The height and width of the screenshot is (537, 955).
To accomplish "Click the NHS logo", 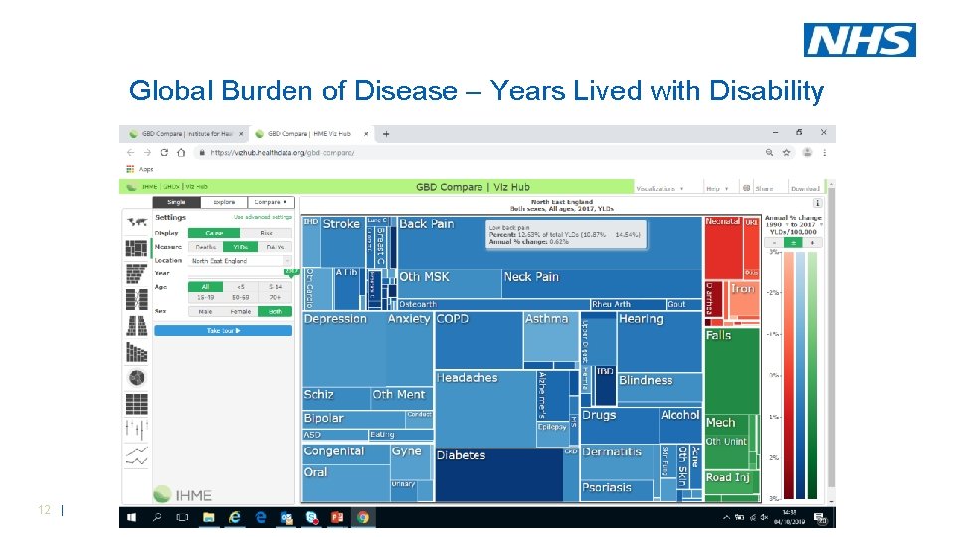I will pyautogui.click(x=859, y=40).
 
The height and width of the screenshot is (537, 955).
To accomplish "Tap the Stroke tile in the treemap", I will pyautogui.click(x=341, y=224).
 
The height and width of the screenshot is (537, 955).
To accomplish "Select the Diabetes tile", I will pyautogui.click(x=461, y=455).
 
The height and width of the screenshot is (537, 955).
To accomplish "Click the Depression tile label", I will pyautogui.click(x=335, y=319).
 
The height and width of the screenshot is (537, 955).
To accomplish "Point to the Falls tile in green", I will pyautogui.click(x=719, y=336).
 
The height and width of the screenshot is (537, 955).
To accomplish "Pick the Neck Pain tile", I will pyautogui.click(x=531, y=277).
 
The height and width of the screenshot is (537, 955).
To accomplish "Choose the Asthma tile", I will pyautogui.click(x=547, y=319).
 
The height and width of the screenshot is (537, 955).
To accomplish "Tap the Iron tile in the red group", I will pyautogui.click(x=742, y=289).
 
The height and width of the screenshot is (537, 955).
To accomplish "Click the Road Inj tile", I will pyautogui.click(x=727, y=477).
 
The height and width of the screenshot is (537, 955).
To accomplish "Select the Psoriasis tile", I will pyautogui.click(x=607, y=487).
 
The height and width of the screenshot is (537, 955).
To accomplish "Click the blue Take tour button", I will pyautogui.click(x=224, y=330).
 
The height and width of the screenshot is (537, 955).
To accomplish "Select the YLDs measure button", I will pyautogui.click(x=240, y=247).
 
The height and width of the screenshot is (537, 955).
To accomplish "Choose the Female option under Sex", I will pyautogui.click(x=240, y=311).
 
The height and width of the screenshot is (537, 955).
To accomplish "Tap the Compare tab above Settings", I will pyautogui.click(x=270, y=202).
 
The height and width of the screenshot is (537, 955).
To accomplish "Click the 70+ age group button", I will pyautogui.click(x=275, y=296).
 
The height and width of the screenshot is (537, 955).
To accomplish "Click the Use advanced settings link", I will pyautogui.click(x=263, y=217).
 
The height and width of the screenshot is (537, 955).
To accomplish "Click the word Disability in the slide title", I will pyautogui.click(x=765, y=91).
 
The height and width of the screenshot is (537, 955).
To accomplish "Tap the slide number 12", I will pyautogui.click(x=44, y=510).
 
